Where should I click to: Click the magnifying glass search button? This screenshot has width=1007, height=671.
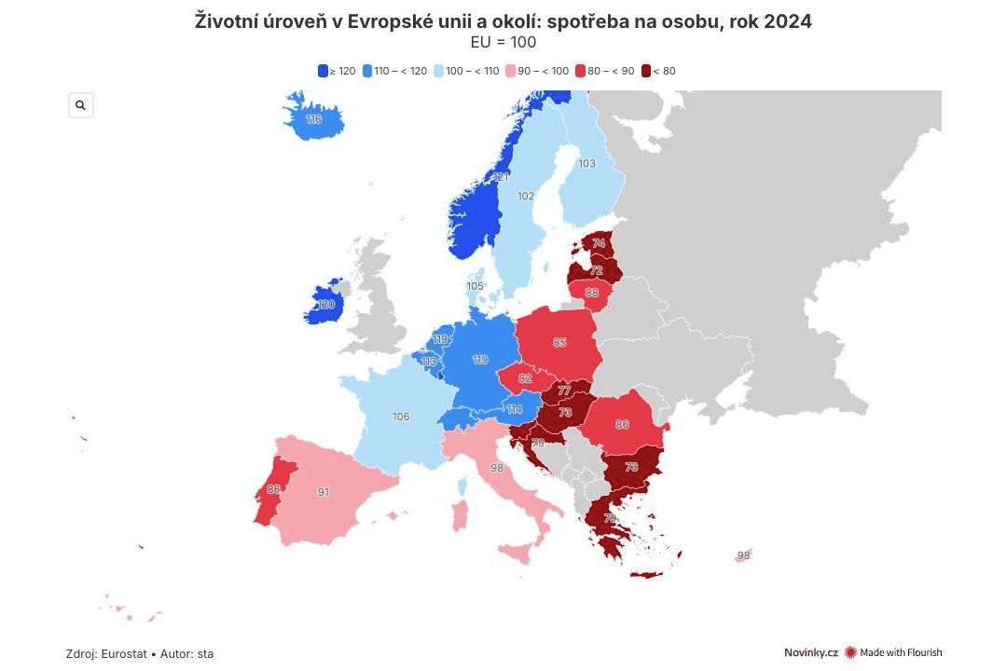[80, 105]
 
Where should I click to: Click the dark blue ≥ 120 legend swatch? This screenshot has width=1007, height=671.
[323, 71]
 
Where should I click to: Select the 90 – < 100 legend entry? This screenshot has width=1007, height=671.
[537, 71]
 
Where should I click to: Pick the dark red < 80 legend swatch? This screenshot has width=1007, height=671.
[646, 71]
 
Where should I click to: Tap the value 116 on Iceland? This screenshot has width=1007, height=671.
[313, 119]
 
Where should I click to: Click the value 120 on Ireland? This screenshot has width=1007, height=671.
[325, 305]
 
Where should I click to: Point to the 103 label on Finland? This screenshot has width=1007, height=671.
[586, 164]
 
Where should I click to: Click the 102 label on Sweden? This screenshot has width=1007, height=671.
[526, 197]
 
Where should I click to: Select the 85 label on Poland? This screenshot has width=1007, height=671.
[559, 343]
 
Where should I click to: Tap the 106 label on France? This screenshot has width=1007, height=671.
[401, 417]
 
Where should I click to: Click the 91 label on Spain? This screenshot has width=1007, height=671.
[323, 491]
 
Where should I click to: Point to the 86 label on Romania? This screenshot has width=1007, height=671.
[622, 425]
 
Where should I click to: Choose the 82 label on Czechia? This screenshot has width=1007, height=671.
[525, 378]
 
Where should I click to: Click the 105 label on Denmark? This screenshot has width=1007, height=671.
[475, 286]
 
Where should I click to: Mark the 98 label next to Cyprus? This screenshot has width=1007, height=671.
[743, 555]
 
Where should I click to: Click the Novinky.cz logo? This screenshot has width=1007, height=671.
[810, 653]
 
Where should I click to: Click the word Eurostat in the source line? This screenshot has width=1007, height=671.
[124, 654]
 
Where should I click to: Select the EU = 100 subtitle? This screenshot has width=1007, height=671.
[504, 42]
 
